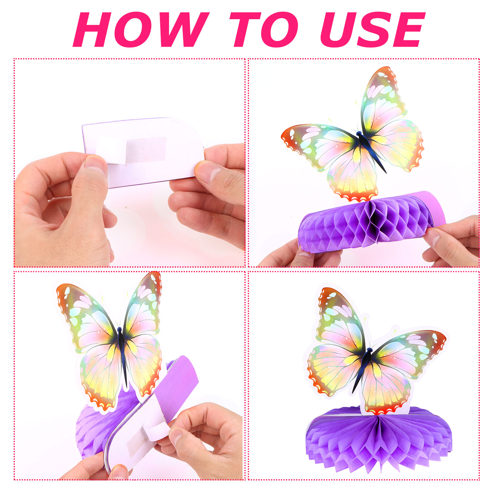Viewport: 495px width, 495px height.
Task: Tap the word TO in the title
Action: click(264, 30)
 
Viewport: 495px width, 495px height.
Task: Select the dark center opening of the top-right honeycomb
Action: click(375, 218)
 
